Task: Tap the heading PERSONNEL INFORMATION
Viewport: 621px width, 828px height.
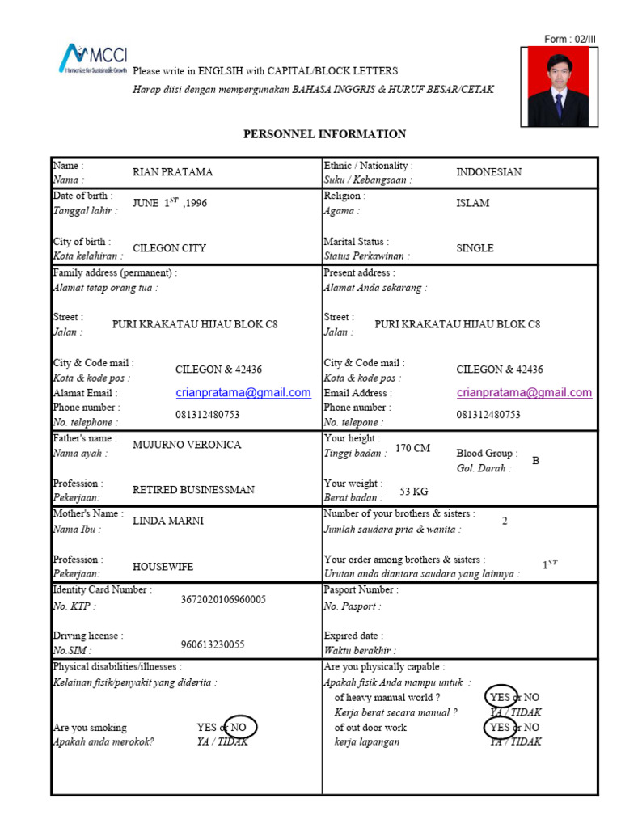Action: pyautogui.click(x=325, y=134)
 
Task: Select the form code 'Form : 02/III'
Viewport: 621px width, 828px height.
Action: pyautogui.click(x=569, y=39)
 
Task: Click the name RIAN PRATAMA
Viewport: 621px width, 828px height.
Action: pyautogui.click(x=173, y=172)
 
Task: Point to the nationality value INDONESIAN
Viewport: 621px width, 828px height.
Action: pyautogui.click(x=488, y=172)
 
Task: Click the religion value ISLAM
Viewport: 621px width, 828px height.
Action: pyautogui.click(x=472, y=203)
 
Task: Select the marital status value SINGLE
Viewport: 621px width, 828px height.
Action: pyautogui.click(x=475, y=248)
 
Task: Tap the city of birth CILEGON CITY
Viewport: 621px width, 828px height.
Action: pyautogui.click(x=169, y=248)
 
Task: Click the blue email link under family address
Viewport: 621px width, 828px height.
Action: pyautogui.click(x=243, y=393)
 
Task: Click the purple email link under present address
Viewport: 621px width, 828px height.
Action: pyautogui.click(x=524, y=393)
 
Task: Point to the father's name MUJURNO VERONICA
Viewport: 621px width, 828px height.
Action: pyautogui.click(x=187, y=445)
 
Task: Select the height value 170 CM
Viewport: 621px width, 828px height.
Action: pyautogui.click(x=412, y=448)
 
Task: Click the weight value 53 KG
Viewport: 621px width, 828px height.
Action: pyautogui.click(x=414, y=491)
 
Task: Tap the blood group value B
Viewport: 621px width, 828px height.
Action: pyautogui.click(x=534, y=460)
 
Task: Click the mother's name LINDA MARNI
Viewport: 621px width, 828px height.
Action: pyautogui.click(x=168, y=521)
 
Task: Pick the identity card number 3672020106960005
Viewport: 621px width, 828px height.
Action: pyautogui.click(x=223, y=600)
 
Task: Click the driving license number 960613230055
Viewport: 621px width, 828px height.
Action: pyautogui.click(x=213, y=645)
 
